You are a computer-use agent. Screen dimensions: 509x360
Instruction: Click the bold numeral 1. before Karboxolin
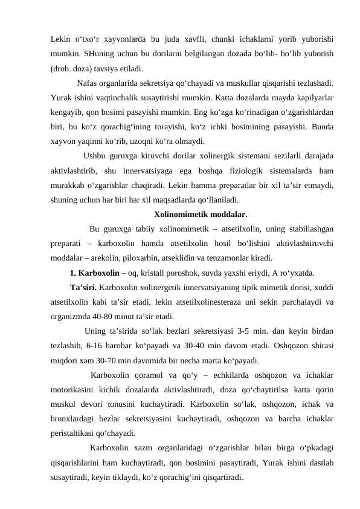pyautogui.click(x=74, y=273)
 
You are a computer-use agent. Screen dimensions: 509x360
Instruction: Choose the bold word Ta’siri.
pyautogui.click(x=84, y=287)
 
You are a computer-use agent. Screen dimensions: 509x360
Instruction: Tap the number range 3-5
pyautogui.click(x=254, y=330)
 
